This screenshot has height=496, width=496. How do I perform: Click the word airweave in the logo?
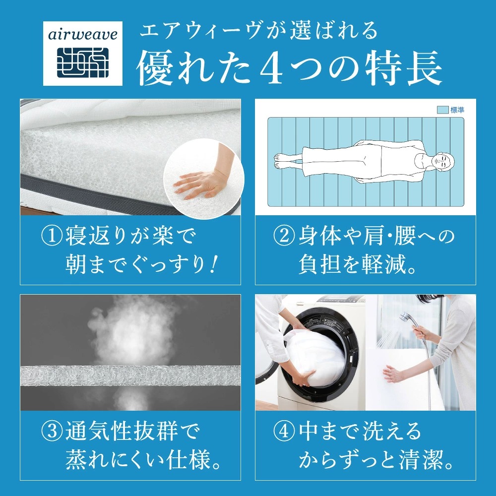tap(82, 34)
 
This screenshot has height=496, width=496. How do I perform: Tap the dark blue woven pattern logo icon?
tap(83, 62)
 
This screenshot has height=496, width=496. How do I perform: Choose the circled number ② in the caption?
tap(284, 237)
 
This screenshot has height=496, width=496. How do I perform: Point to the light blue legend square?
tap(442, 110)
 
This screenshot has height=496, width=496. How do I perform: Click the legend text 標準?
tap(457, 110)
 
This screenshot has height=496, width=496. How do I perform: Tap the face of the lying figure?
tap(442, 162)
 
